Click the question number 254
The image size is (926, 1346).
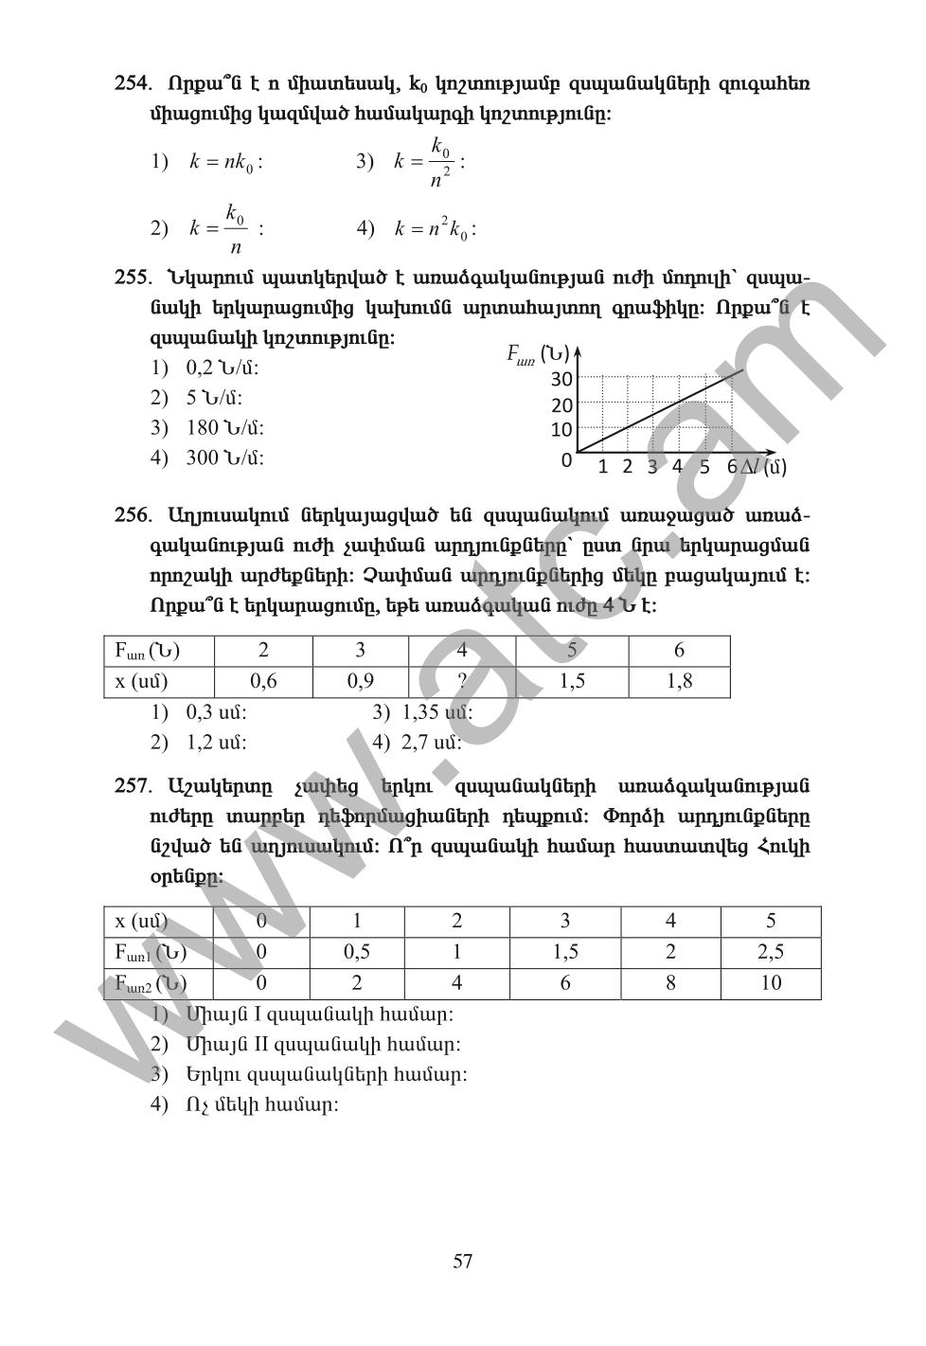[x=133, y=83]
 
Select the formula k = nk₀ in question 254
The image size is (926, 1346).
[x=225, y=162]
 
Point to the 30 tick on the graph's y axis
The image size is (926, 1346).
[x=561, y=380]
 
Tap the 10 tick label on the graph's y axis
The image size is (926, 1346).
[x=561, y=430]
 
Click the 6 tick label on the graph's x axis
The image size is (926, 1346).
[x=732, y=466]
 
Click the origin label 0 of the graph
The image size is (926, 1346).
[x=566, y=461]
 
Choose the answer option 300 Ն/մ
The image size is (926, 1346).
[x=224, y=458]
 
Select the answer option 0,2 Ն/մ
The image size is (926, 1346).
[x=222, y=368]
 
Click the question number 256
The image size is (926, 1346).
[x=133, y=515]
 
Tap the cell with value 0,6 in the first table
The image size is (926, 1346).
[x=263, y=681]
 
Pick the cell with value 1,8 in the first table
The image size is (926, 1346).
[x=679, y=681]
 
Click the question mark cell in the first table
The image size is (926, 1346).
[x=462, y=681]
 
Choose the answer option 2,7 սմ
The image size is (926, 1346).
[x=431, y=743]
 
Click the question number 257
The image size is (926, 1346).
[x=133, y=786]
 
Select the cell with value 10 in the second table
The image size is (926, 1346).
[x=771, y=983]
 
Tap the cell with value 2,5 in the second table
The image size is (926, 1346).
[x=771, y=952]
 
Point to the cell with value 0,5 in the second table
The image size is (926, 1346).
[x=357, y=952]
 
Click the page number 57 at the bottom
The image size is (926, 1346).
[x=463, y=1261]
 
